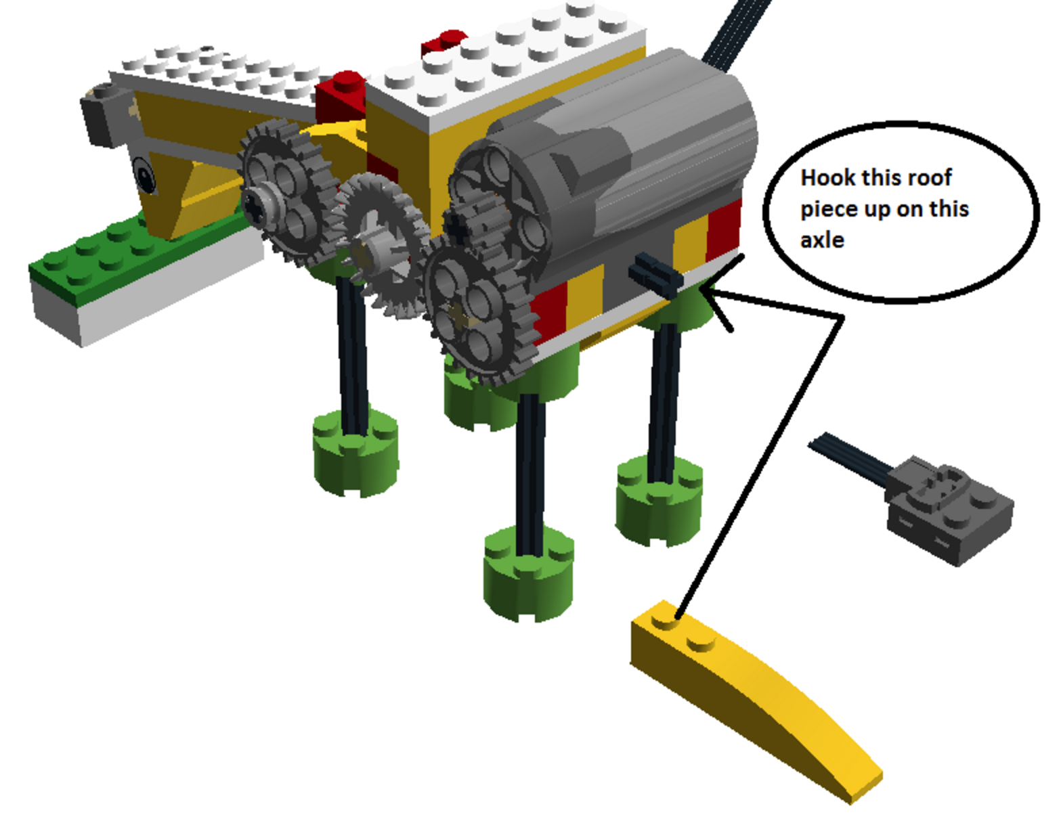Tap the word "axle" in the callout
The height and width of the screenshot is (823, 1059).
[x=822, y=240]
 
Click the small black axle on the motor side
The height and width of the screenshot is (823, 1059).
[x=655, y=275]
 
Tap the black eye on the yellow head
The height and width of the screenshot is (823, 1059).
[x=144, y=175]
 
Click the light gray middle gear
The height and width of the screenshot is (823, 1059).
[x=380, y=244]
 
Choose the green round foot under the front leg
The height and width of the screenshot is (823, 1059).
[x=355, y=453]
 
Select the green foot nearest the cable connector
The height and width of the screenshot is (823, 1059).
[x=659, y=502]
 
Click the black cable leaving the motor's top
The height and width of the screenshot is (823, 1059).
[x=736, y=32]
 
